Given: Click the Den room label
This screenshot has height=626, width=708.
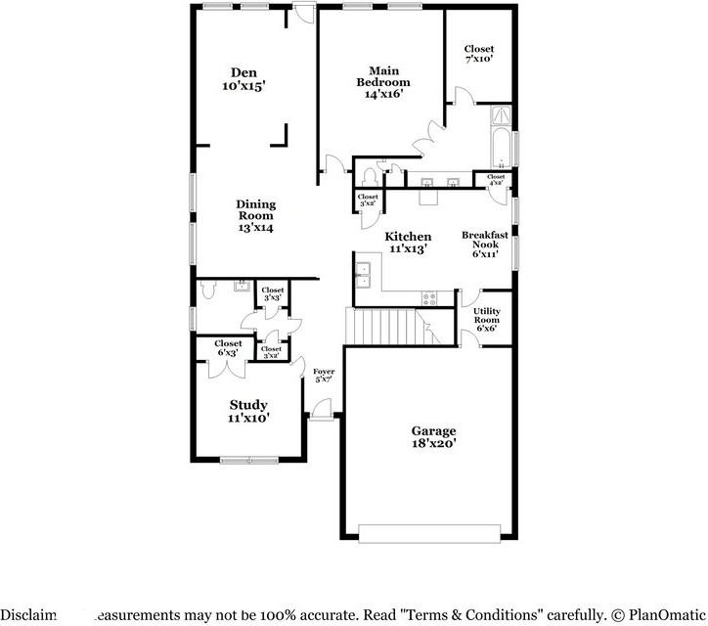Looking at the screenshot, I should point(243,79).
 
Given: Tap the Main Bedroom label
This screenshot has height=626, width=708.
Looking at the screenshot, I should point(382,82).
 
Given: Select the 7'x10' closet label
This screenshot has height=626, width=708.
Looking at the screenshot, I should point(478,54).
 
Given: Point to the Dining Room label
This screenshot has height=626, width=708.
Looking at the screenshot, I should point(255,215).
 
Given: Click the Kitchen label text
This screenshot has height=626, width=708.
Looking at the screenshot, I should point(408,243).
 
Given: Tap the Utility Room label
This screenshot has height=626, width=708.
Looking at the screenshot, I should point(486,320).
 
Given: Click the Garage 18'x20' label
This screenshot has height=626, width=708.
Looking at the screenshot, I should point(433,436).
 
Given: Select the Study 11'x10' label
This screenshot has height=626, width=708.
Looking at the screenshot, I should point(248,411).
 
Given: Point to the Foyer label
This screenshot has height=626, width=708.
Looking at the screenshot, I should point(324,376).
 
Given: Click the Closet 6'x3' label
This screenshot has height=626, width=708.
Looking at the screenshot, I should point(228,347).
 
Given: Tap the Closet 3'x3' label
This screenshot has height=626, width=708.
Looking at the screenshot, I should point(272,293).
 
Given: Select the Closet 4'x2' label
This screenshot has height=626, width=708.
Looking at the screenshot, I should point(491,179).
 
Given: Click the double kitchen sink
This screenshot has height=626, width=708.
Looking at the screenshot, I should point(363,275).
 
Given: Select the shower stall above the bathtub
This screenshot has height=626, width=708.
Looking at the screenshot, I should point(500,116).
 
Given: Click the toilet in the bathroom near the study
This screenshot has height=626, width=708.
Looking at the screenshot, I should point(205,291).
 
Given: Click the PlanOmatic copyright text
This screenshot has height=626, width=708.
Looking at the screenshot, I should point(660,614).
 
